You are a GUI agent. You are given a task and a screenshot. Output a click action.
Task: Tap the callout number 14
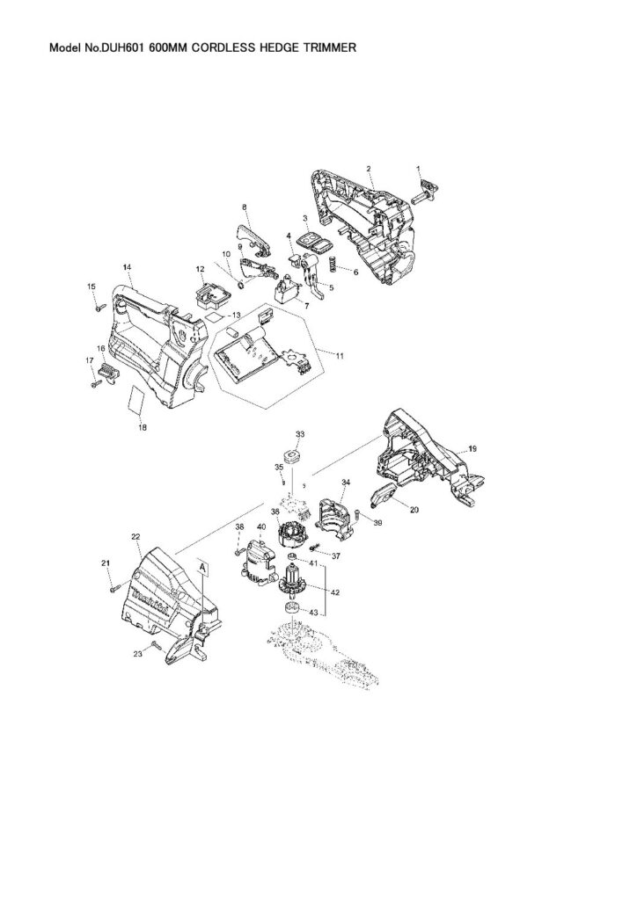[127, 267]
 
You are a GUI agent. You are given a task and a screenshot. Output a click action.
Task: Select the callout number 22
[135, 537]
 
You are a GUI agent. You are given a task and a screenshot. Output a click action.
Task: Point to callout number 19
[472, 448]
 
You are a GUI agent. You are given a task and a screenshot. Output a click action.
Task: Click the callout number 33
[300, 433]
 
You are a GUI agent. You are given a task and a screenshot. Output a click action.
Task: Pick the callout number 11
[340, 356]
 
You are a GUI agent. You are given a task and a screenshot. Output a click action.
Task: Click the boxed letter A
[202, 567]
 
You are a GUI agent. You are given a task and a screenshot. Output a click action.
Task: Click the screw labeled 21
[113, 588]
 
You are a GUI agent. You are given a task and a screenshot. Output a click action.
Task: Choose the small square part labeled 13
[213, 317]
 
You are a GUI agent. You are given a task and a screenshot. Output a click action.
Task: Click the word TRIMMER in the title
[329, 47]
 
